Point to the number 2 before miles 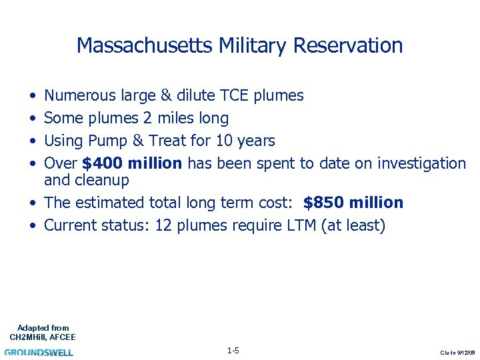(x=147, y=119)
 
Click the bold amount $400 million (x=132, y=163)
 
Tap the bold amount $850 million (x=353, y=203)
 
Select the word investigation (x=421, y=163)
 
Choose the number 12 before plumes (x=163, y=225)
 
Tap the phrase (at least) (x=353, y=225)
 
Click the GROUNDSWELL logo (x=39, y=352)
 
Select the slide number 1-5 (x=233, y=351)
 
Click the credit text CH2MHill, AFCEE (x=43, y=337)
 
